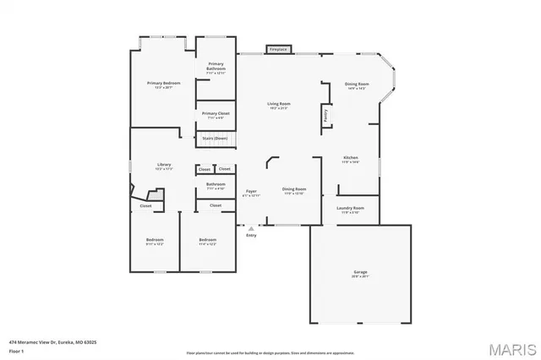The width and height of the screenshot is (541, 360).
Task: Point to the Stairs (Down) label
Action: [215, 138]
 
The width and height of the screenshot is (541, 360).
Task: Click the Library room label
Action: [164, 165]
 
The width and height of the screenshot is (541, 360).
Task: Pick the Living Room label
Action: [279, 103]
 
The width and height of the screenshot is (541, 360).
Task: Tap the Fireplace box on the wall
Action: [278, 49]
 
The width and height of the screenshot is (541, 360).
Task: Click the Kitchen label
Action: [351, 158]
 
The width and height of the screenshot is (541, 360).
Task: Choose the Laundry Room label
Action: [350, 208]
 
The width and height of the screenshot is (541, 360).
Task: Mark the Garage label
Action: [360, 273]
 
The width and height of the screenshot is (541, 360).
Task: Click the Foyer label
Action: [251, 192]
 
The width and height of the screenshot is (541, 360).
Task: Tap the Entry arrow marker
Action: [251, 228]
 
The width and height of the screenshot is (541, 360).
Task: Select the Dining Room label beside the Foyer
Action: [294, 189]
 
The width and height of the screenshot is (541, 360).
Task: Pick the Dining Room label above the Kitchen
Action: [356, 84]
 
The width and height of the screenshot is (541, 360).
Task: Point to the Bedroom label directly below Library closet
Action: [154, 240]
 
